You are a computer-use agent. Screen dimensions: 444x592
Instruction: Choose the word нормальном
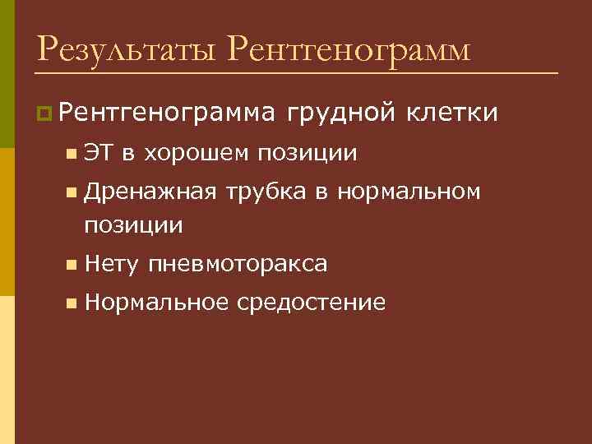point(409,193)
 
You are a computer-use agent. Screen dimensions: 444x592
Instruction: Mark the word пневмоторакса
point(238,264)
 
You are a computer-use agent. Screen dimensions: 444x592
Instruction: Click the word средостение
point(311,303)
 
